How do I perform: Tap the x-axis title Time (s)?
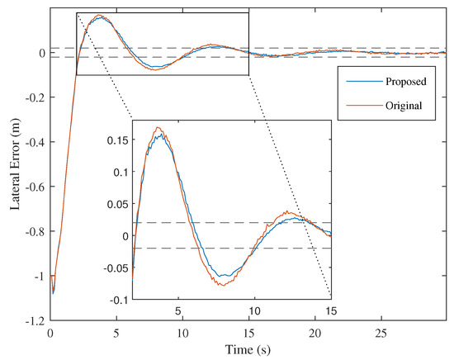click(x=248, y=350)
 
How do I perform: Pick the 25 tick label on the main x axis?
click(x=381, y=333)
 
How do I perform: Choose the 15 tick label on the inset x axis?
click(x=330, y=311)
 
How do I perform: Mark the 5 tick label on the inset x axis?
click(x=177, y=311)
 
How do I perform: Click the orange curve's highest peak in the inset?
click(x=158, y=127)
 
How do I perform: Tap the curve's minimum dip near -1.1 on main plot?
click(x=54, y=293)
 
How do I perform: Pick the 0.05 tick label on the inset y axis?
click(x=116, y=204)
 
